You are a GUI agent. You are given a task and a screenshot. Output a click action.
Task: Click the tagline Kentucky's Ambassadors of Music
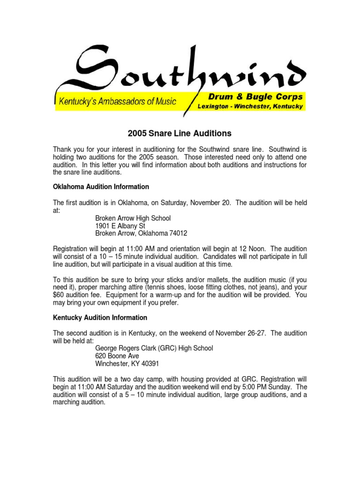click(117, 101)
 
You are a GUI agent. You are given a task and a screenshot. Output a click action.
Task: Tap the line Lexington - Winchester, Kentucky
click(250, 106)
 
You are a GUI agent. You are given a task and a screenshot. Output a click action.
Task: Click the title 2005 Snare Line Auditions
click(180, 134)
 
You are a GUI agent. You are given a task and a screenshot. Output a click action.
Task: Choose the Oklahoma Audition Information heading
click(101, 187)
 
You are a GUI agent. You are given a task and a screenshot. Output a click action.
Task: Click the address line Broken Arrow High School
click(133, 218)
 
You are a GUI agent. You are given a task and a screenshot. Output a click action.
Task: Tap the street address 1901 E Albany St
click(120, 225)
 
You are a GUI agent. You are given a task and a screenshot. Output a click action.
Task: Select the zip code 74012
click(178, 233)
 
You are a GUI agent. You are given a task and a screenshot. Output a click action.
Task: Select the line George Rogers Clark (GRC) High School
click(154, 348)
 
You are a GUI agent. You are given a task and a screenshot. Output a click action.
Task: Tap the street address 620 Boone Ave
click(117, 356)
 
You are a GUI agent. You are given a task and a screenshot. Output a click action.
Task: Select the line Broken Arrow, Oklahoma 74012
click(141, 233)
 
